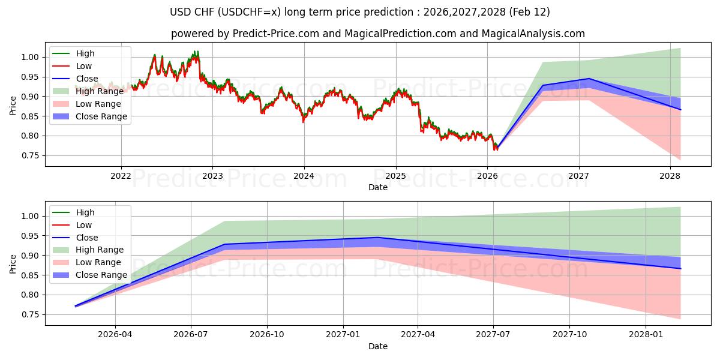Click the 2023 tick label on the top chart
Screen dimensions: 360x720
[x=212, y=176]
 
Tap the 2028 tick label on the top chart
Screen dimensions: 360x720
[x=670, y=176]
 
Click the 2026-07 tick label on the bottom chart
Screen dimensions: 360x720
[x=191, y=335]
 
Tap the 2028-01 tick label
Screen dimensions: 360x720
[x=646, y=335]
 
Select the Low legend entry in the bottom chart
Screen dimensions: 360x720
[x=83, y=225]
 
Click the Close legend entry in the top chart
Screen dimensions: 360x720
[x=86, y=79]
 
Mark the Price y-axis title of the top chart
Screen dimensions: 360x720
[x=13, y=106]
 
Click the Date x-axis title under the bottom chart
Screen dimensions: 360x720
[x=378, y=346]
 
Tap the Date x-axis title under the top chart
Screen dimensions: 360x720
[x=378, y=187]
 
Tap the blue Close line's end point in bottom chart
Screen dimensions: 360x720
[x=680, y=268]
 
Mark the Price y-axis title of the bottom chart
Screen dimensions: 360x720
[x=13, y=265]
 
